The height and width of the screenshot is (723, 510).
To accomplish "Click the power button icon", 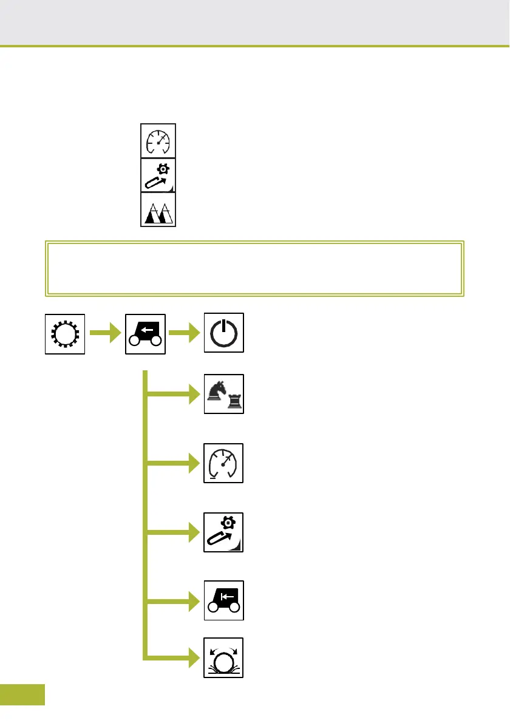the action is click(223, 333).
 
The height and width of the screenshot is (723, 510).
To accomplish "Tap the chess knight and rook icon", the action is click(223, 394).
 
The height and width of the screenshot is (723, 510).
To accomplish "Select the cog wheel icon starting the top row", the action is click(65, 333).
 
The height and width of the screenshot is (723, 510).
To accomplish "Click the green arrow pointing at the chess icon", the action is click(176, 395).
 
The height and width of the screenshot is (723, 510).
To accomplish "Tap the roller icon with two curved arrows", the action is click(223, 657).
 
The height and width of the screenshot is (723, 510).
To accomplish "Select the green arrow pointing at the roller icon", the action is click(176, 657).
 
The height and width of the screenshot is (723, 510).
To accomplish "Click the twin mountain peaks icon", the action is click(158, 210).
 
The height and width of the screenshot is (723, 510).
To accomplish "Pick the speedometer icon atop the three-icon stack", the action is click(158, 141).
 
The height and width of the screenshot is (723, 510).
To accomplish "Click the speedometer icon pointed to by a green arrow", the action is click(223, 463).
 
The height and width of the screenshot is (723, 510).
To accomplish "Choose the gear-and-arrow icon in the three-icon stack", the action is click(158, 175).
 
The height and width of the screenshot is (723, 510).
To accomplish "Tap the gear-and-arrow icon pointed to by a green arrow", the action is click(223, 532).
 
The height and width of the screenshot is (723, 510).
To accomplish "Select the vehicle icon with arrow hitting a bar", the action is click(223, 600).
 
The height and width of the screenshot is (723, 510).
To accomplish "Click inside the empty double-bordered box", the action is click(255, 268).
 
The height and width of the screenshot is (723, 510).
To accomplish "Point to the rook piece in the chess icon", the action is click(233, 401).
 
